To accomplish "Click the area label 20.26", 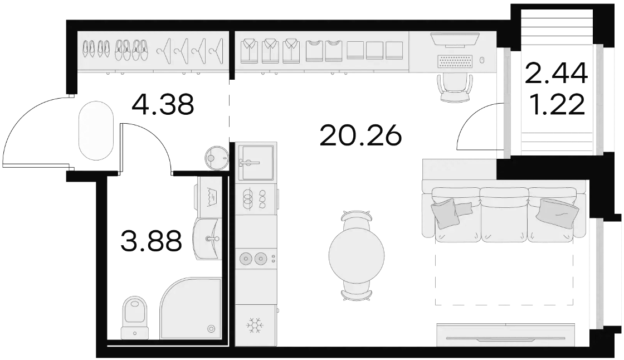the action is [x=360, y=136].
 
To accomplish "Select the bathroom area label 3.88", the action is [x=151, y=241].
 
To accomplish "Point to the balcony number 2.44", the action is [x=557, y=73].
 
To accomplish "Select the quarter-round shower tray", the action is [x=191, y=309].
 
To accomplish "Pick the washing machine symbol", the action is [x=209, y=196].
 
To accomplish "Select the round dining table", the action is [x=357, y=255].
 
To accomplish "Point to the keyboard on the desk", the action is [x=455, y=62].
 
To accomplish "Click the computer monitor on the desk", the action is [x=455, y=40].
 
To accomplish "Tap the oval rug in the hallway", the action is [x=96, y=130].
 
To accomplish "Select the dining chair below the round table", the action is [x=357, y=290].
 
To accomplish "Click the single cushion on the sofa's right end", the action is [x=557, y=211].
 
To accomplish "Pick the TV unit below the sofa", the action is [x=505, y=335].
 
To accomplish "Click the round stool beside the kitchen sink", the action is [x=217, y=158].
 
